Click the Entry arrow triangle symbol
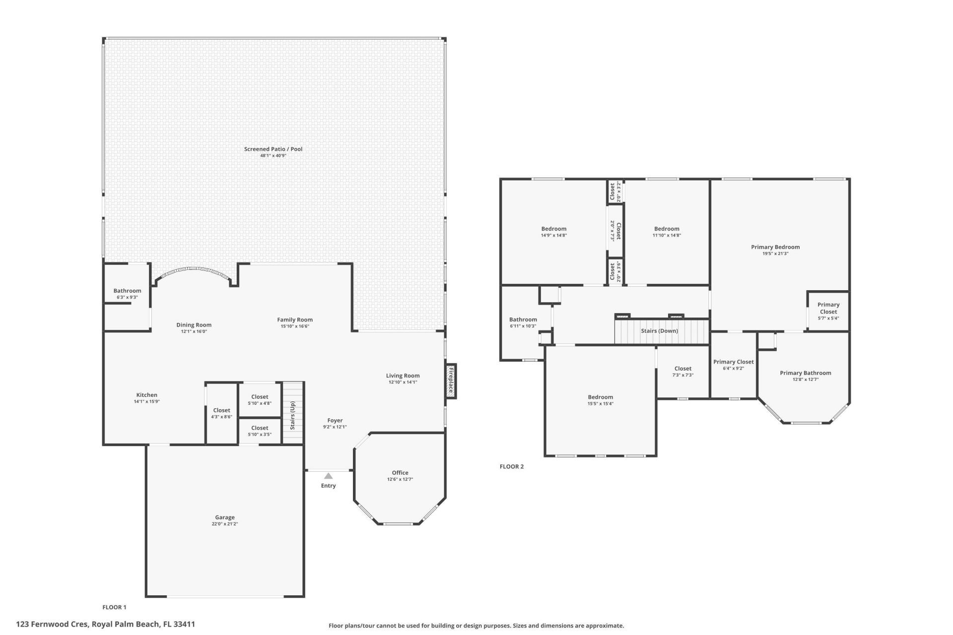tap(328, 476)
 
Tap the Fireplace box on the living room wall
tap(451, 381)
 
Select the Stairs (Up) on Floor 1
tap(293, 413)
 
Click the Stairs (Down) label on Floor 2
tap(659, 331)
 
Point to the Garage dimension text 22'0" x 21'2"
tap(224, 524)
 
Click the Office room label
tap(400, 473)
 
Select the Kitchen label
tap(146, 395)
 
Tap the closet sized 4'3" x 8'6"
tap(221, 413)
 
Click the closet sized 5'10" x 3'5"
tap(260, 431)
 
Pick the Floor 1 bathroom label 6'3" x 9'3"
tap(127, 294)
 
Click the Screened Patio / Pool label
tap(273, 149)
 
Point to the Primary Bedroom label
tap(775, 247)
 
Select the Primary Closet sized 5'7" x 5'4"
tap(828, 311)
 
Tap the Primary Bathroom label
tap(805, 373)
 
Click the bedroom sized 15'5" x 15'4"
tap(600, 400)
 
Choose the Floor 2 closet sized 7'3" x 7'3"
tap(682, 372)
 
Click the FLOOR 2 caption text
tap(511, 466)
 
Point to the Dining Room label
tap(194, 325)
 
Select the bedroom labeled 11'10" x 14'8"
tap(666, 232)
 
